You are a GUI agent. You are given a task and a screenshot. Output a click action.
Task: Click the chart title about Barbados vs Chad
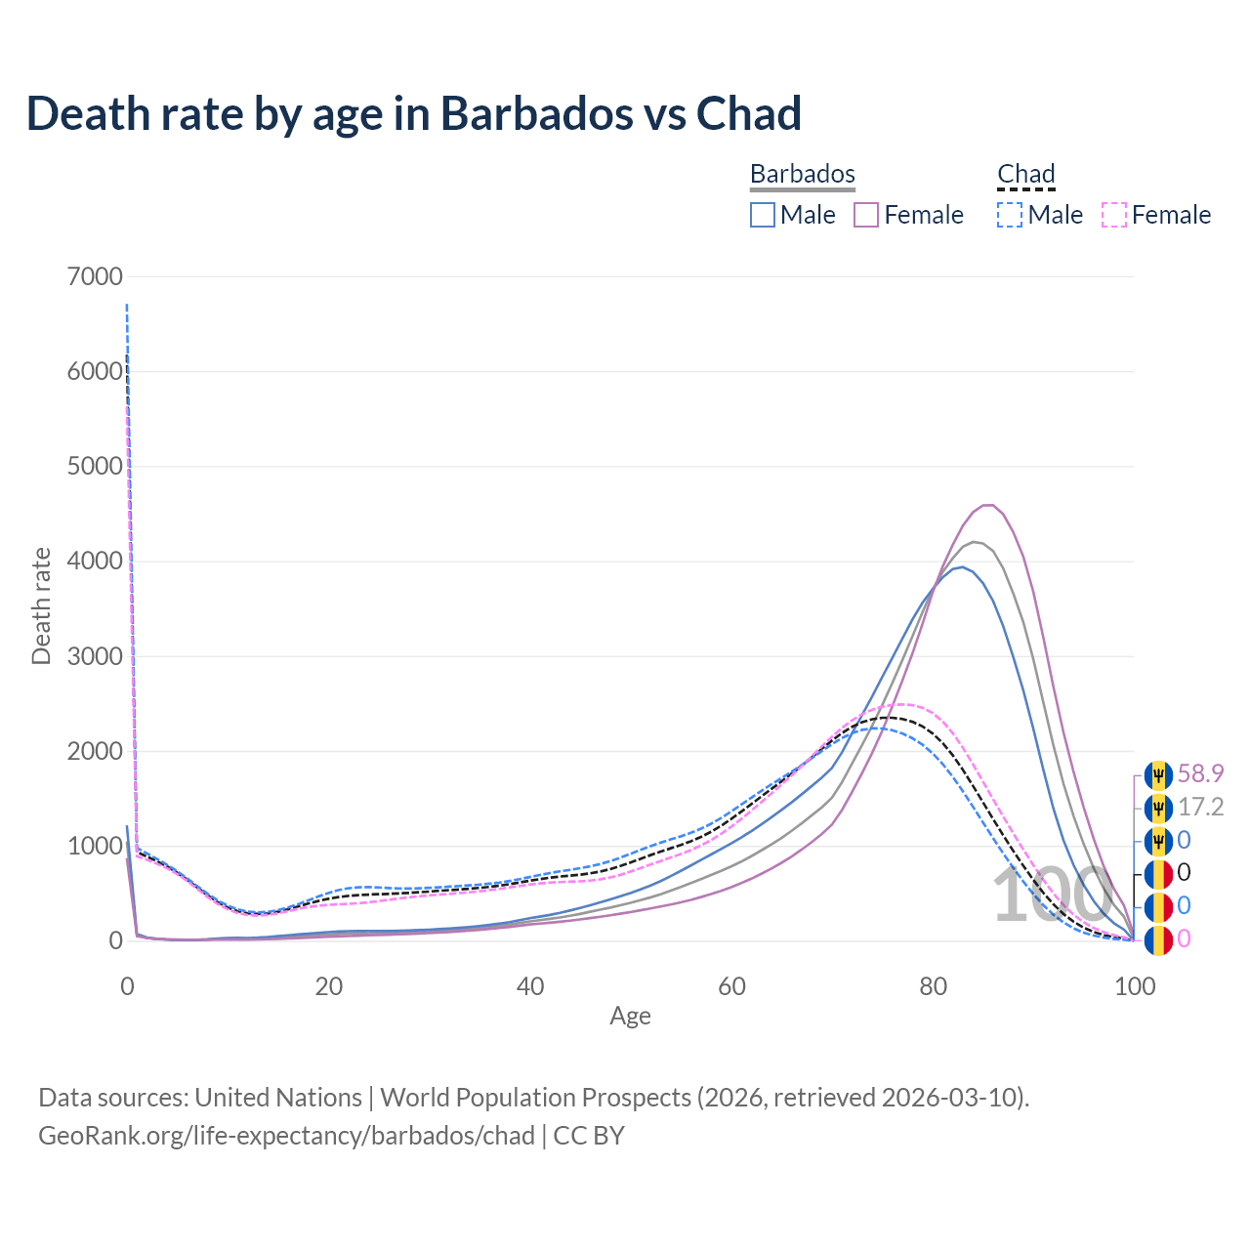pos(414,114)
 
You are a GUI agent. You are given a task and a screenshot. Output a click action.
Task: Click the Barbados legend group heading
pos(802,174)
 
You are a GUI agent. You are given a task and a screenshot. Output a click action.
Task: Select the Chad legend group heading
pos(1025,174)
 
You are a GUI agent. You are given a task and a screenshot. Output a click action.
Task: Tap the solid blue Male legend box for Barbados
pos(763,215)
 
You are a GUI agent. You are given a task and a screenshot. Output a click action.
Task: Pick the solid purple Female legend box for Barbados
pos(866,215)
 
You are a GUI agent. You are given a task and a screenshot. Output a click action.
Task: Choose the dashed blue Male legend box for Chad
pos(1010,215)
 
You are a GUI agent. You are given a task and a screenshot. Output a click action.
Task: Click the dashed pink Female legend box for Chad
pos(1113,215)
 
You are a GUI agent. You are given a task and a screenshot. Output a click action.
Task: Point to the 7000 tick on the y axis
pos(96,276)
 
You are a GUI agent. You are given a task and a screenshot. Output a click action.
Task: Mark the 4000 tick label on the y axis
pos(96,562)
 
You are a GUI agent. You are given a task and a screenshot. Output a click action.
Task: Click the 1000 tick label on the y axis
pos(96,847)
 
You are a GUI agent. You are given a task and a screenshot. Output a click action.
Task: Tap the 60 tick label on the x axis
pos(731,986)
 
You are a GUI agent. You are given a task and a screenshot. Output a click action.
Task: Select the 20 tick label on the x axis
pos(329,986)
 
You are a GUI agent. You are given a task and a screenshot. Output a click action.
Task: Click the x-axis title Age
pos(630,1017)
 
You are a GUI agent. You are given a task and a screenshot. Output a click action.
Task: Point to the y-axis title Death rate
pos(41,606)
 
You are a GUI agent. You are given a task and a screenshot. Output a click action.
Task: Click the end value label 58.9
pos(1200,774)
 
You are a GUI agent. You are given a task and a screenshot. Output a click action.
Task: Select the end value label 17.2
pos(1200,808)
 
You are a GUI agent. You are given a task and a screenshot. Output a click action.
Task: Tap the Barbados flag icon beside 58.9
pos(1158,775)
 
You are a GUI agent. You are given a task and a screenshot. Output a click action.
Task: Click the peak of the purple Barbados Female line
pos(988,505)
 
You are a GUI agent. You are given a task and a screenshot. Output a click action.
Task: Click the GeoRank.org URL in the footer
pos(286,1136)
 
